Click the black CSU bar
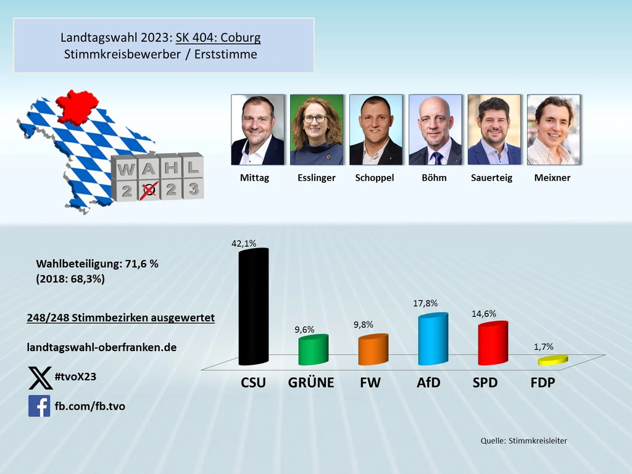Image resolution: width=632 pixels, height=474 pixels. [254, 307]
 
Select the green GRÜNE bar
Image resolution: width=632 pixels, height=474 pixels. [313, 350]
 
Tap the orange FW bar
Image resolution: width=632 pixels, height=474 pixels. [373, 349]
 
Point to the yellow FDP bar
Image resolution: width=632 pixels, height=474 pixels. [552, 360]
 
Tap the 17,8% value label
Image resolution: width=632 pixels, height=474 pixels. [425, 303]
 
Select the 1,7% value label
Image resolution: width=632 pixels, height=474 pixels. [543, 347]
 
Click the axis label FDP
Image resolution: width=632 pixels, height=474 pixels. [543, 383]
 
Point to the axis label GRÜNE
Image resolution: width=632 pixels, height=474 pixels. [311, 383]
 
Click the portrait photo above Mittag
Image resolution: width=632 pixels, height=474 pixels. [257, 130]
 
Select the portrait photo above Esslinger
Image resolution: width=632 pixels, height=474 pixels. [316, 130]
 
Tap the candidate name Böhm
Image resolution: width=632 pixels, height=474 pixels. [434, 178]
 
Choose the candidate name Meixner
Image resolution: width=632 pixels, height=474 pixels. [552, 178]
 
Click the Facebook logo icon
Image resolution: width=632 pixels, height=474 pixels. [39, 406]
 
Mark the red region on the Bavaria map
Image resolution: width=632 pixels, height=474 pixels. [77, 106]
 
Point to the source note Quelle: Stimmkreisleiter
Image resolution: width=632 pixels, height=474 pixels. [523, 441]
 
